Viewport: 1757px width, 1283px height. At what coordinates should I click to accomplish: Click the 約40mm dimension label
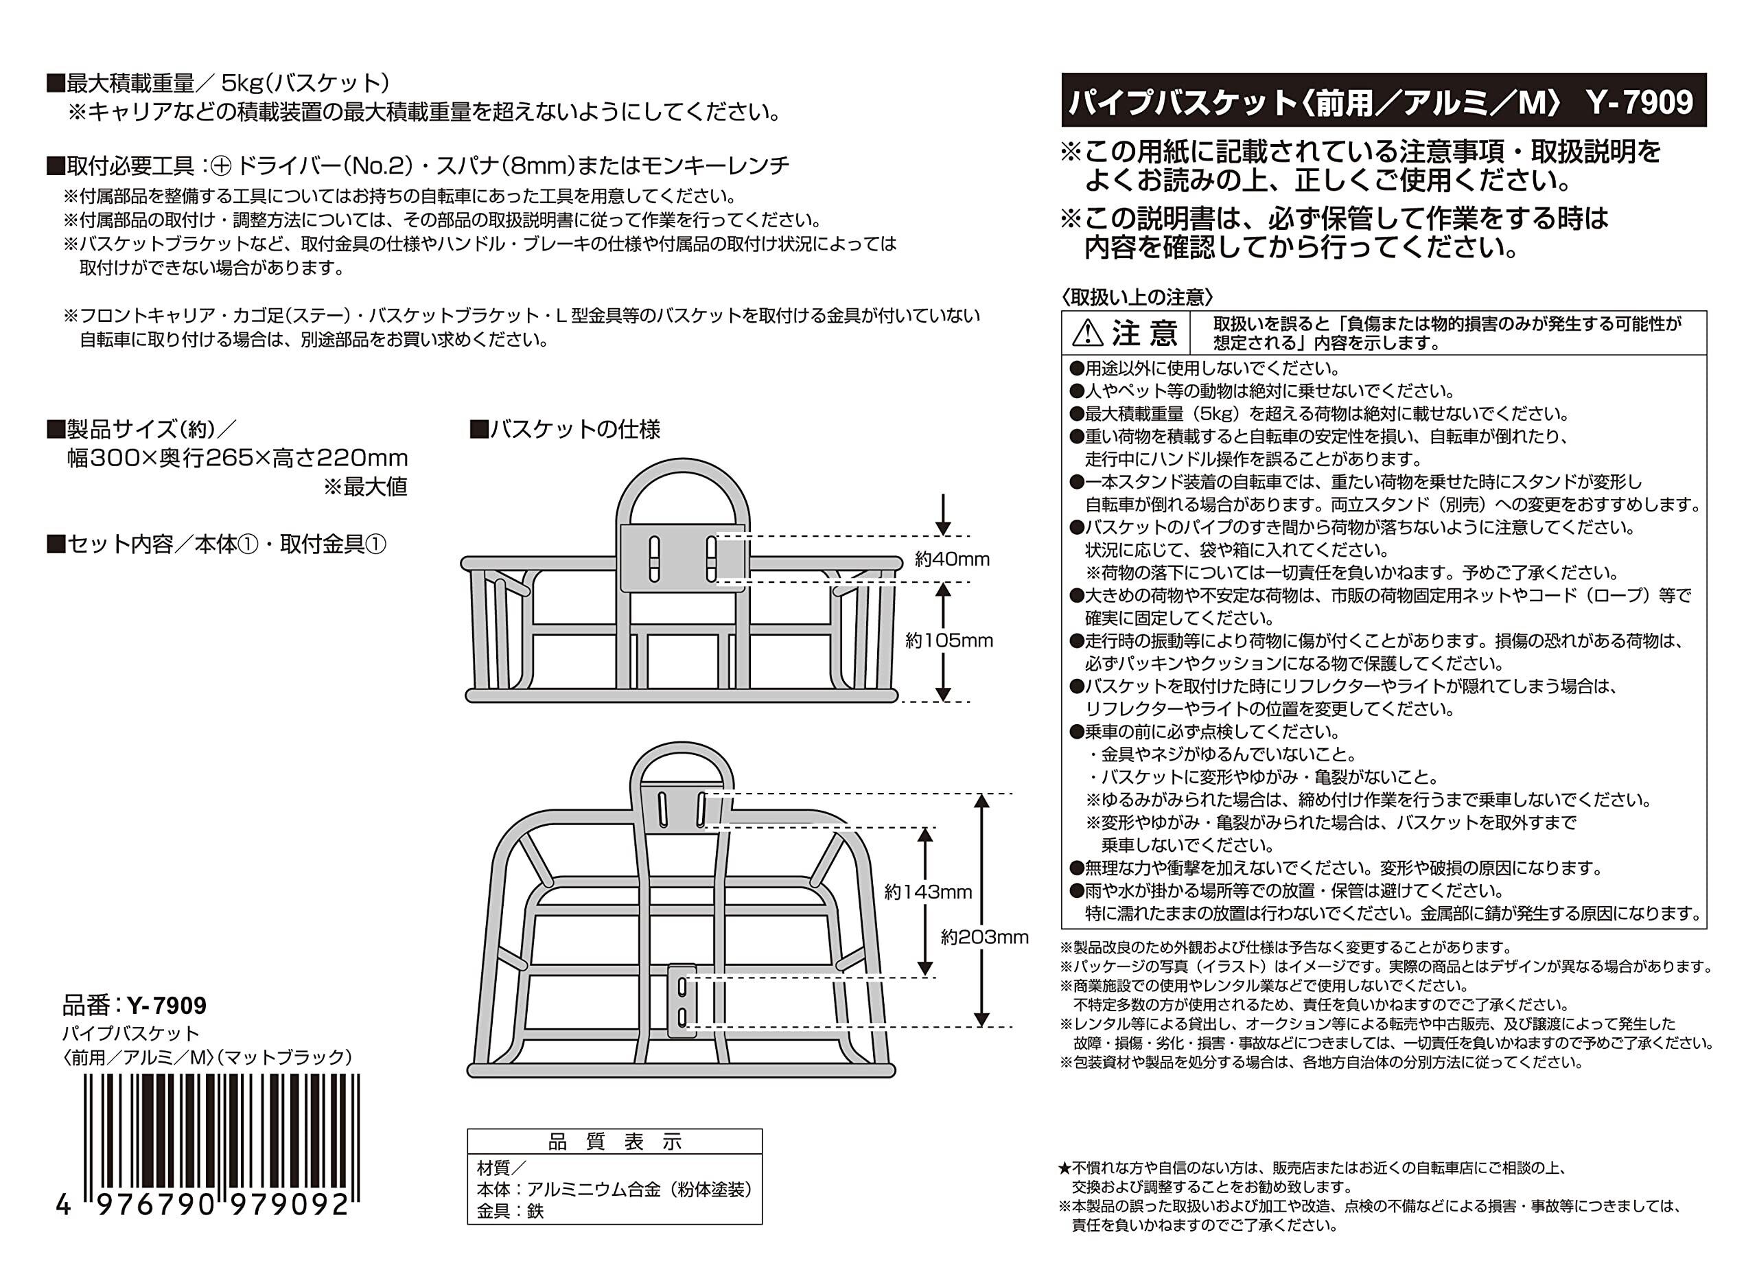pos(952,559)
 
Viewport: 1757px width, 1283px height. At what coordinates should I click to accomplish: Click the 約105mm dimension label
pos(949,640)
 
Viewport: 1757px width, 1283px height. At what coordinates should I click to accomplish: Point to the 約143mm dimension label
pos(928,892)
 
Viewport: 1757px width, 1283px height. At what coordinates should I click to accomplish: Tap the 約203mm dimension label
pos(984,938)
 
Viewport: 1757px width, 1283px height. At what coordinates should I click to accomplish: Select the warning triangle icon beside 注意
pos(1087,334)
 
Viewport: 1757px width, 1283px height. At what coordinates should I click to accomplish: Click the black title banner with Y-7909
pos(1383,100)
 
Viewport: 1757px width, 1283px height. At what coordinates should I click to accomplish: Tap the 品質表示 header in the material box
pos(614,1142)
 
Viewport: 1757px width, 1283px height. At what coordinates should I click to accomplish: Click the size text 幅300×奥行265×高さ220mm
pos(237,459)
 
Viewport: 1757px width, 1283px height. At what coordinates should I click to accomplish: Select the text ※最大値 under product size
pos(365,487)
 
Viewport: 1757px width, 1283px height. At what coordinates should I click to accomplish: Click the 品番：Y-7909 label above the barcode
pos(135,1006)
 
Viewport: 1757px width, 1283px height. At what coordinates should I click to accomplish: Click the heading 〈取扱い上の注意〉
pos(1137,297)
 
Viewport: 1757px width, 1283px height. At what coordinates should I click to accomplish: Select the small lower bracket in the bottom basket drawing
pos(682,1001)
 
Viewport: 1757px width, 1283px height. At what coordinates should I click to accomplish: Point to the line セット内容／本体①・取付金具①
pos(217,544)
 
